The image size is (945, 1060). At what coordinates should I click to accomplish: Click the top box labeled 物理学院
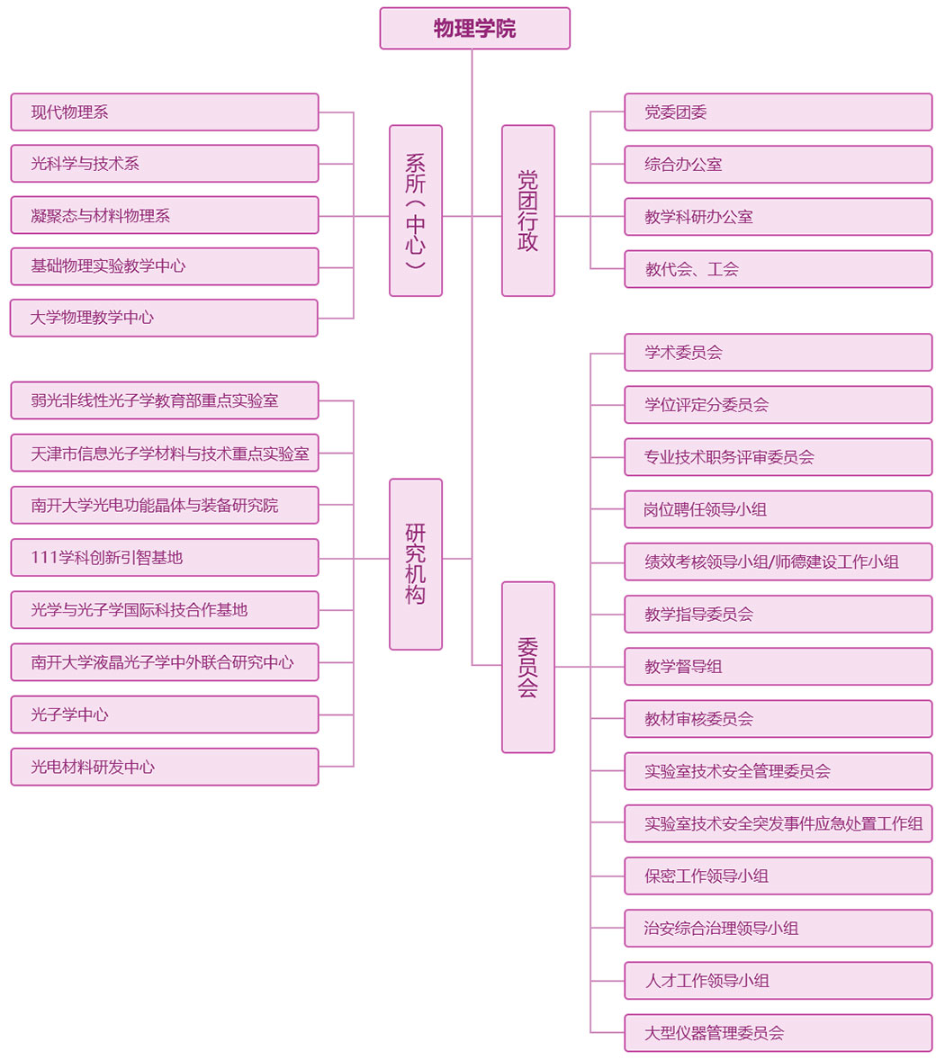pyautogui.click(x=474, y=29)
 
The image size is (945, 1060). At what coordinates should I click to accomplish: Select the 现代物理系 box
pyautogui.click(x=165, y=112)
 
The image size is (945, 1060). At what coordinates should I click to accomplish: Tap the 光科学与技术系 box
pyautogui.click(x=165, y=164)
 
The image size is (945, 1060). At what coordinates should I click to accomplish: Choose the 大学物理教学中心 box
pyautogui.click(x=165, y=318)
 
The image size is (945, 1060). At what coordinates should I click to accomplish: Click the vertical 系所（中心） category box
pyautogui.click(x=415, y=211)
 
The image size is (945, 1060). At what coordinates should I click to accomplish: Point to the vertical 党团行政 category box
pyautogui.click(x=527, y=211)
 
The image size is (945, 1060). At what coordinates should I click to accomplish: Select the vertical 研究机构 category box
pyautogui.click(x=415, y=564)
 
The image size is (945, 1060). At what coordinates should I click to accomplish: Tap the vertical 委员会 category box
pyautogui.click(x=527, y=667)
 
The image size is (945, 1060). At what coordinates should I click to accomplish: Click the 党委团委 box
pyautogui.click(x=778, y=112)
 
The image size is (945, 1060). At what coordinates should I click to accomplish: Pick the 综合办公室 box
pyautogui.click(x=778, y=165)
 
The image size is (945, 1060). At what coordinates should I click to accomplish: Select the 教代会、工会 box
pyautogui.click(x=778, y=269)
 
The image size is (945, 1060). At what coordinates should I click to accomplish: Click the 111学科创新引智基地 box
pyautogui.click(x=165, y=558)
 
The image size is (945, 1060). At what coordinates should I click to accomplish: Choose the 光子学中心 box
pyautogui.click(x=165, y=714)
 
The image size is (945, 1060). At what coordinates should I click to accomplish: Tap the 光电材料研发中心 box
pyautogui.click(x=165, y=767)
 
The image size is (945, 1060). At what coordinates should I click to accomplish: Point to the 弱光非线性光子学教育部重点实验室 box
pyautogui.click(x=165, y=400)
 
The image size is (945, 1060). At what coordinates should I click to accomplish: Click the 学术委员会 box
pyautogui.click(x=778, y=353)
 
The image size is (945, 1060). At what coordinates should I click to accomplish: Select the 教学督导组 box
pyautogui.click(x=778, y=667)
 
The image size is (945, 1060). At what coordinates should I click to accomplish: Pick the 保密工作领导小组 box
pyautogui.click(x=778, y=876)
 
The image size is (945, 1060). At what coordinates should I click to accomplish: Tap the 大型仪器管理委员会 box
pyautogui.click(x=778, y=1033)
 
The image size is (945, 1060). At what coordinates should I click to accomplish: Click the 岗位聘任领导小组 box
pyautogui.click(x=778, y=509)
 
